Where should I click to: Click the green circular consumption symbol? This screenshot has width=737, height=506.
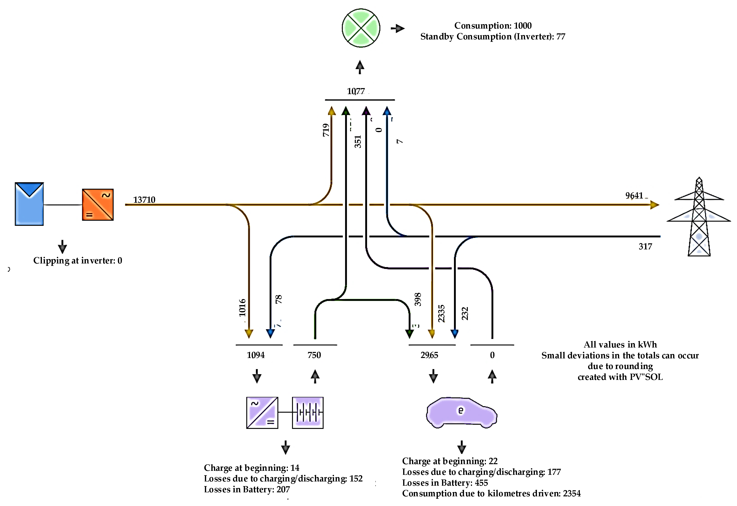(x=361, y=28)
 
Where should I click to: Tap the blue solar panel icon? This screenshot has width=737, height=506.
(x=29, y=204)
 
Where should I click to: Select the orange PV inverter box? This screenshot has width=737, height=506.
(x=98, y=205)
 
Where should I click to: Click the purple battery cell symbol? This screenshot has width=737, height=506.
(x=308, y=412)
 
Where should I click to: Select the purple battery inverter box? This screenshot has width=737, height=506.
(x=262, y=412)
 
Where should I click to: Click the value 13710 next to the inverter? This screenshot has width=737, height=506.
(x=144, y=200)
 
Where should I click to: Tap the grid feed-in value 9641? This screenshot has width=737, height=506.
(x=634, y=196)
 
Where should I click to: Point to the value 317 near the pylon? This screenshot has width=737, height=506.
(x=645, y=247)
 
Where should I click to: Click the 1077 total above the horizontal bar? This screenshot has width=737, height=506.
(x=356, y=91)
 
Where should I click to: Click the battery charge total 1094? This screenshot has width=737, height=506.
(x=256, y=355)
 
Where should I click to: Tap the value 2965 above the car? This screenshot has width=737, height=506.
(x=429, y=355)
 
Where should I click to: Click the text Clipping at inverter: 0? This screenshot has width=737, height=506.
(x=78, y=261)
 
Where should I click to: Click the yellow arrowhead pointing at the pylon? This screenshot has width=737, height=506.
(x=654, y=205)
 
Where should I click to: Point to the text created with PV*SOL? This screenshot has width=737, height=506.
(x=620, y=377)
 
